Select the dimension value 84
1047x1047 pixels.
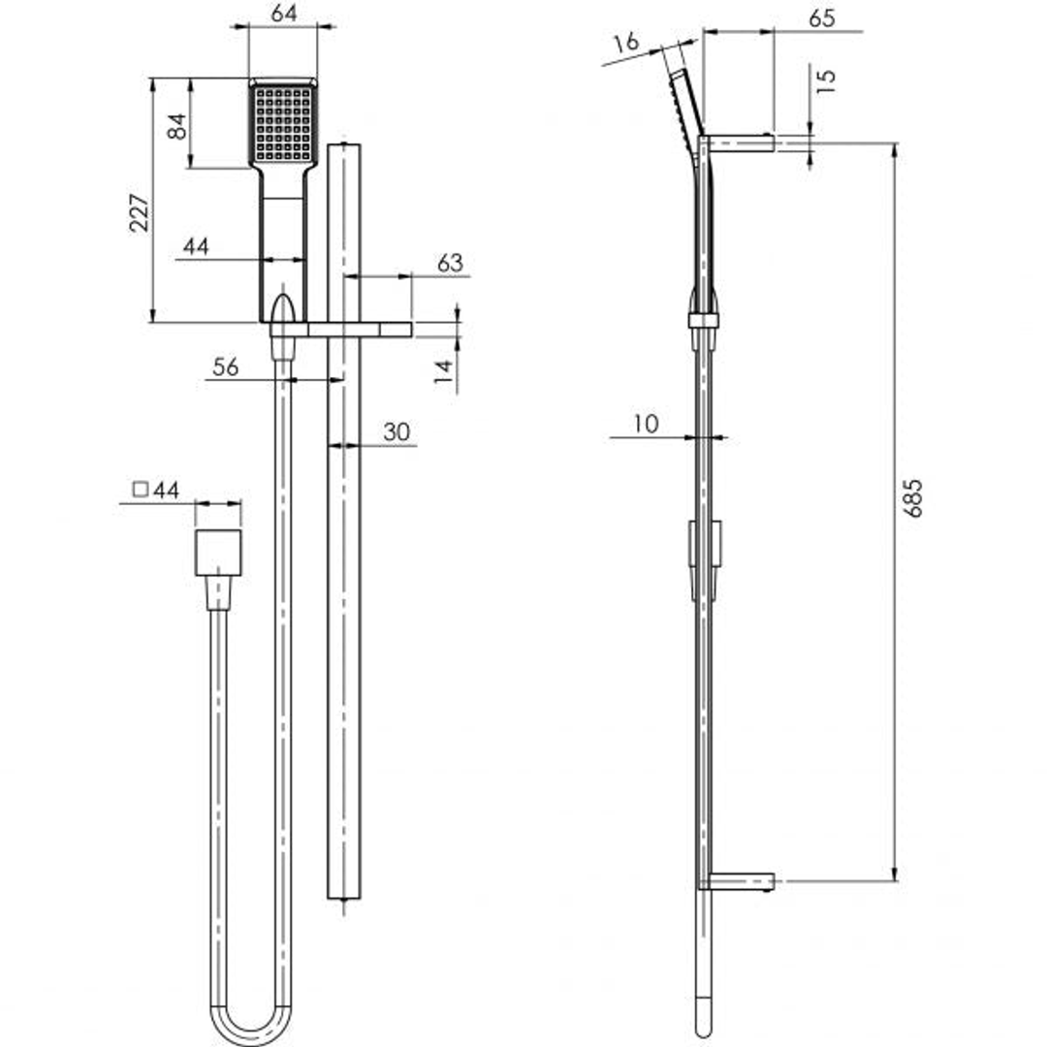tap(177, 125)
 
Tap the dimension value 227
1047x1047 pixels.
tap(140, 213)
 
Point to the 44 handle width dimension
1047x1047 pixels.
tap(196, 247)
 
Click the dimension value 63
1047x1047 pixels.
tap(451, 263)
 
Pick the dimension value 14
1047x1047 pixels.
tap(443, 372)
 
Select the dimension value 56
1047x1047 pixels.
tap(226, 366)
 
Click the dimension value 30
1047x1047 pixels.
tap(397, 432)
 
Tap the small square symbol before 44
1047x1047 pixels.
tap(141, 490)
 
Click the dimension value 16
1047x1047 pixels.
tap(627, 43)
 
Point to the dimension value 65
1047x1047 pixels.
tap(820, 18)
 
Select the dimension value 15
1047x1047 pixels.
tap(825, 80)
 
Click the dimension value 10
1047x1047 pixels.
tap(646, 424)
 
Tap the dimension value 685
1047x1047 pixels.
tap(912, 497)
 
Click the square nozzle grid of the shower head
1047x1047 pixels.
tap(283, 123)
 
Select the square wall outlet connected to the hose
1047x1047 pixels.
tap(218, 554)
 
